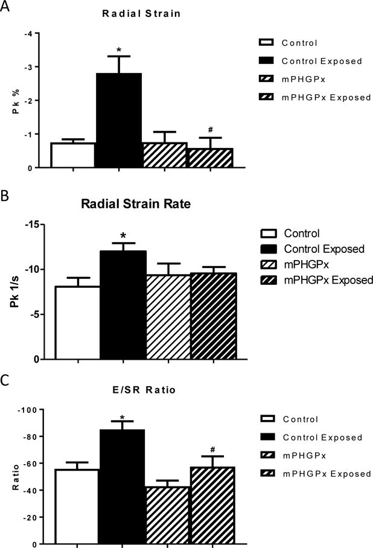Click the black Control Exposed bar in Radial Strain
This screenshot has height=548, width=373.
coord(119,120)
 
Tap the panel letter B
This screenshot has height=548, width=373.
coord(5,196)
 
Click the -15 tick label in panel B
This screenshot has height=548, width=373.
coord(39,225)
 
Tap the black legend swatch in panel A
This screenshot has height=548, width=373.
coord(265,60)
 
